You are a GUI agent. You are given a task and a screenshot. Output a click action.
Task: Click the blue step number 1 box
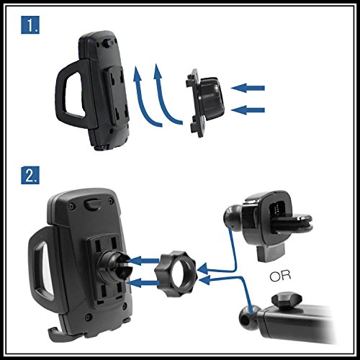(x=30, y=24)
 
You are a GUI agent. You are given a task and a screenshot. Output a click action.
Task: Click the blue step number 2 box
(x=30, y=175)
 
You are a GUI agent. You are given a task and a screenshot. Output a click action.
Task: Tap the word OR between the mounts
(x=280, y=276)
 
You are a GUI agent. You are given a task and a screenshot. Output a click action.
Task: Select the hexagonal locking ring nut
(x=176, y=274)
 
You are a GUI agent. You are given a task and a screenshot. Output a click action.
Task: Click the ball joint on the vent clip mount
(x=233, y=217)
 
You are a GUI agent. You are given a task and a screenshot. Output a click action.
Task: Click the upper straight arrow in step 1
(x=248, y=88)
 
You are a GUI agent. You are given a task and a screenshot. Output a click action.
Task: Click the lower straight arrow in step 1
(x=248, y=110)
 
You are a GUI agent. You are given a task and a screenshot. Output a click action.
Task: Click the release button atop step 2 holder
(x=93, y=203)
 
